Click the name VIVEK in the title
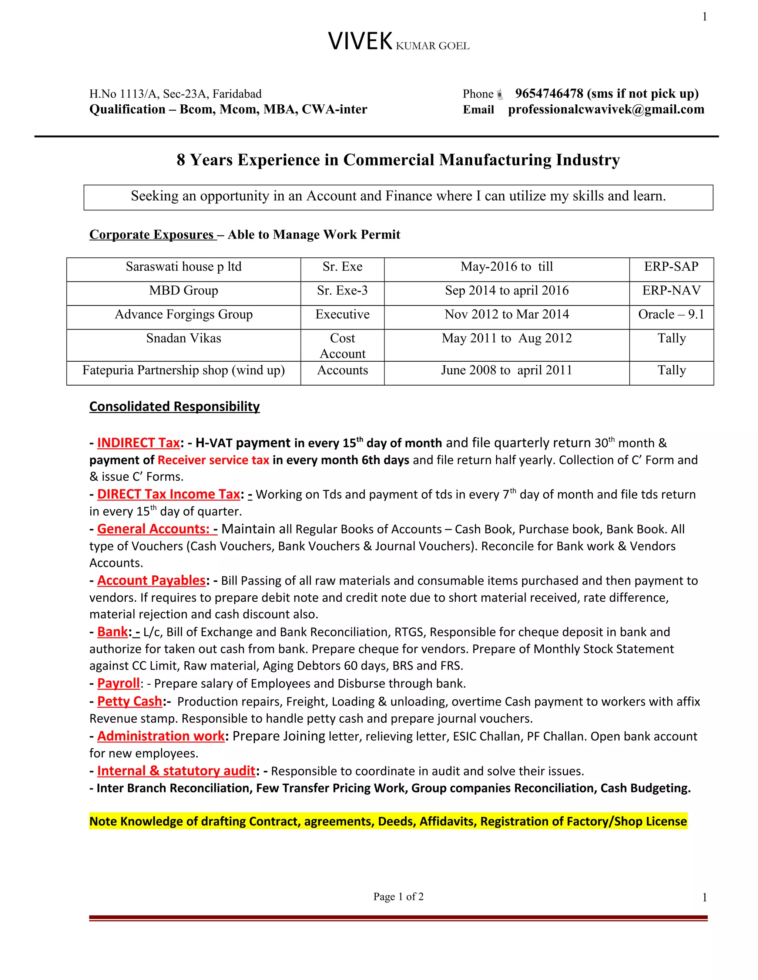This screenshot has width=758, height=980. coord(360,42)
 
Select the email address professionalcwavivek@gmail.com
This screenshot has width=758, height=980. coord(606,109)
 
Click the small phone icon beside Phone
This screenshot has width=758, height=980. coord(500,94)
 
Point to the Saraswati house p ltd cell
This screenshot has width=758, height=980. coord(183,267)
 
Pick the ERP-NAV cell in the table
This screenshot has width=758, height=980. coord(671,291)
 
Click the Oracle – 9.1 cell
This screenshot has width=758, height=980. coord(671,315)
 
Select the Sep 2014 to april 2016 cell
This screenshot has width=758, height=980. coord(507,291)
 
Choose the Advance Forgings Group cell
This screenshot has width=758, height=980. coord(183,315)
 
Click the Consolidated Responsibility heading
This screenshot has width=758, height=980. coord(174,406)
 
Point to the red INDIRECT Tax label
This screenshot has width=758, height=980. coord(138,443)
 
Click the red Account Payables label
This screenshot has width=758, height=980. coord(151,581)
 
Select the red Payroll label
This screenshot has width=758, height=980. coord(118,683)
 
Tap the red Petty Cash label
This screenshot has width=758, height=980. coord(129,701)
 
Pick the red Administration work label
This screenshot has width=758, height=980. coord(161,736)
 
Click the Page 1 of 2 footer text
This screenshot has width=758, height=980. coord(398,896)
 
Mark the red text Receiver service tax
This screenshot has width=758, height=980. coord(213,460)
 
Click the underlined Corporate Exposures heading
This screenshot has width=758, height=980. coord(151,235)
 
